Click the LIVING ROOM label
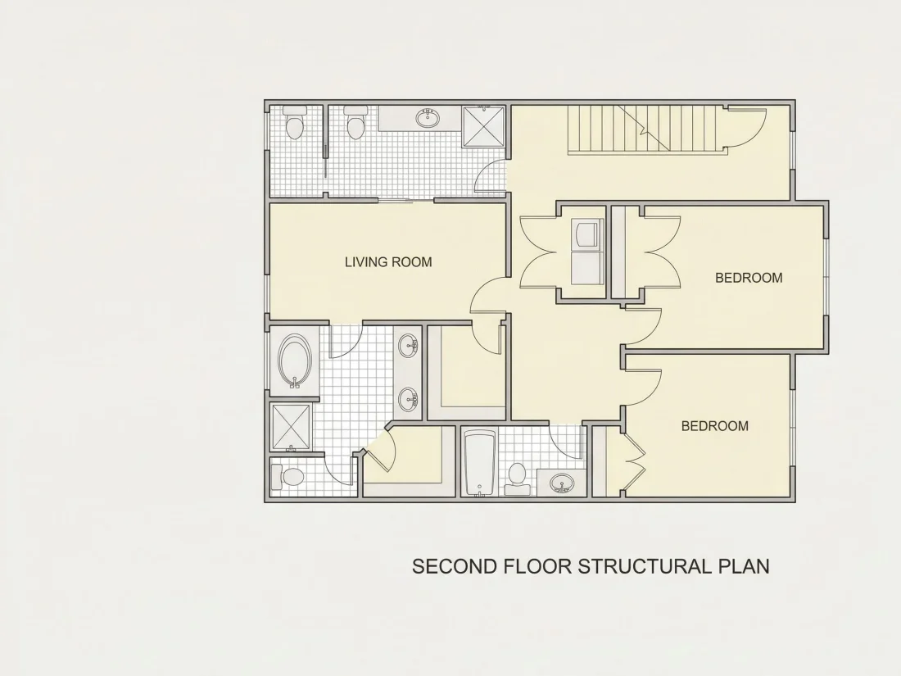(388, 262)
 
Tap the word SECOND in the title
(455, 566)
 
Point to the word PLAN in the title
(744, 566)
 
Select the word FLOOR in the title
(537, 566)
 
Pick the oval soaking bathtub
(296, 361)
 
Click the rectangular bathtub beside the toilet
(478, 463)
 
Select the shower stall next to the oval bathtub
(291, 427)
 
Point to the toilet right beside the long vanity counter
(355, 123)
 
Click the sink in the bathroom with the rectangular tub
(561, 483)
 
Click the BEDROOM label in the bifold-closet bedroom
(715, 426)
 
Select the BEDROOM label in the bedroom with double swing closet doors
(749, 278)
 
